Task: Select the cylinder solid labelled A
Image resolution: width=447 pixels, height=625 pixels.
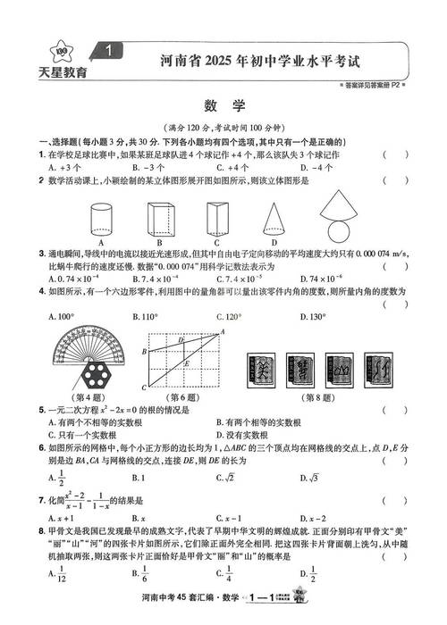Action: [x=102, y=217]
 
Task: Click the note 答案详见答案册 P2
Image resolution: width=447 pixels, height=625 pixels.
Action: [x=367, y=84]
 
